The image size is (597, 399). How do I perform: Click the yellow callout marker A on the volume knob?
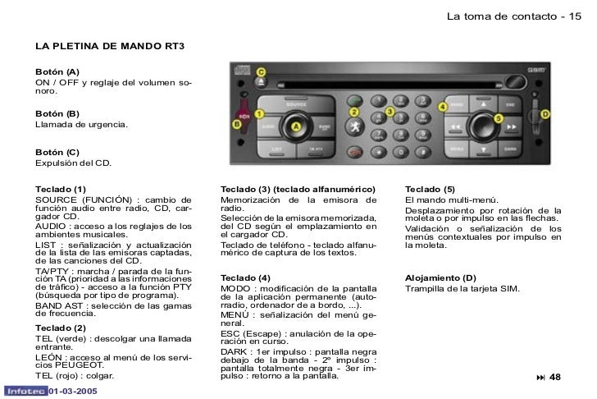click(297, 126)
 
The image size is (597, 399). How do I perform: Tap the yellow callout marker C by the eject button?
click(262, 73)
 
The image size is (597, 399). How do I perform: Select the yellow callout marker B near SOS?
click(237, 124)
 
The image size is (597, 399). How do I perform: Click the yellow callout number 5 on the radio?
click(497, 119)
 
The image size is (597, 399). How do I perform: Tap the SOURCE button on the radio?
click(296, 105)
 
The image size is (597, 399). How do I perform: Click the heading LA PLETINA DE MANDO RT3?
click(110, 46)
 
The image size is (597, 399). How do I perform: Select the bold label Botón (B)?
click(57, 113)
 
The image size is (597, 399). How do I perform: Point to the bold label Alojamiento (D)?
click(440, 277)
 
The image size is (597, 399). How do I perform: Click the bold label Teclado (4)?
click(245, 277)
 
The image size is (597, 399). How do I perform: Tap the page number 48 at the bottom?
click(555, 377)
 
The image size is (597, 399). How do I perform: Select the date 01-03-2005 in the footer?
click(72, 392)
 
